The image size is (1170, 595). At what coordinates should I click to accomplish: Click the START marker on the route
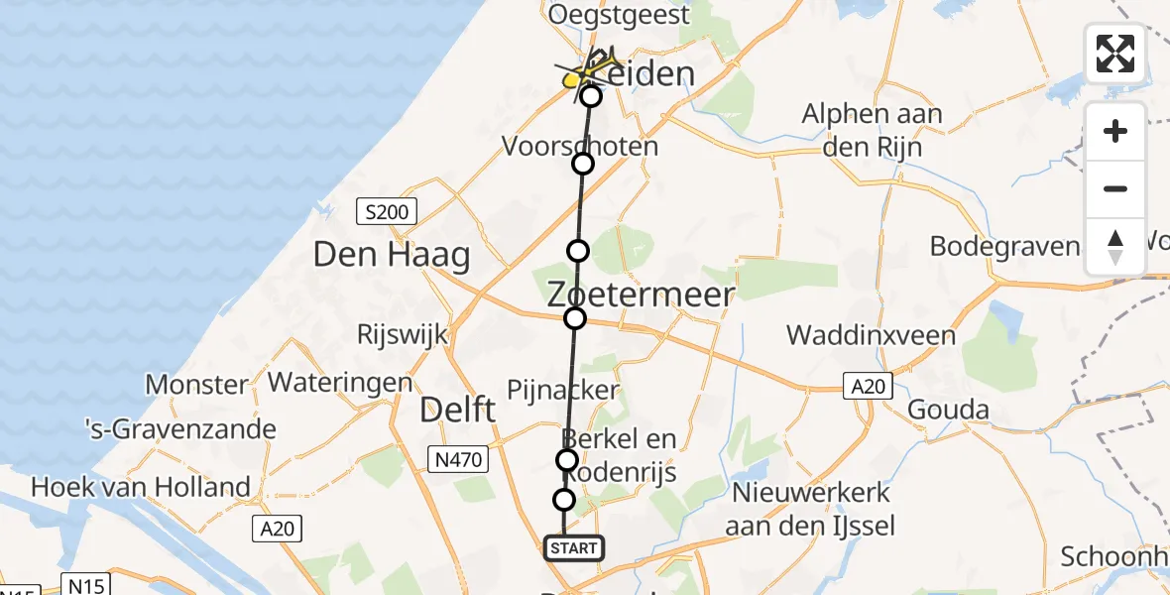pyautogui.click(x=573, y=547)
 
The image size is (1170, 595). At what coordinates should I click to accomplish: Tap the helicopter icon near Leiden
pyautogui.click(x=591, y=69)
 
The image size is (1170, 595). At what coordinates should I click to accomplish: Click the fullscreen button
pyautogui.click(x=1115, y=54)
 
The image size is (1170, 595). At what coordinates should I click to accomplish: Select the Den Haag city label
pyautogui.click(x=391, y=255)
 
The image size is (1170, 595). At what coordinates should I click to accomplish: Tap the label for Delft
pyautogui.click(x=457, y=409)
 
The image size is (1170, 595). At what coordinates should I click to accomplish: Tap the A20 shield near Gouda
pyautogui.click(x=870, y=386)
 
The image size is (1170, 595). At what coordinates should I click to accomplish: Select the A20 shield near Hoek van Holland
pyautogui.click(x=277, y=530)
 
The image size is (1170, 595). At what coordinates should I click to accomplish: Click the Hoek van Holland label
pyautogui.click(x=141, y=487)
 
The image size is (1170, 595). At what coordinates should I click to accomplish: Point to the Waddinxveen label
pyautogui.click(x=872, y=334)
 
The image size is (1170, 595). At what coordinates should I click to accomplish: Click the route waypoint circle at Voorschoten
pyautogui.click(x=583, y=164)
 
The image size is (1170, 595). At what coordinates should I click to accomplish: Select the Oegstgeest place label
pyautogui.click(x=618, y=15)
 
